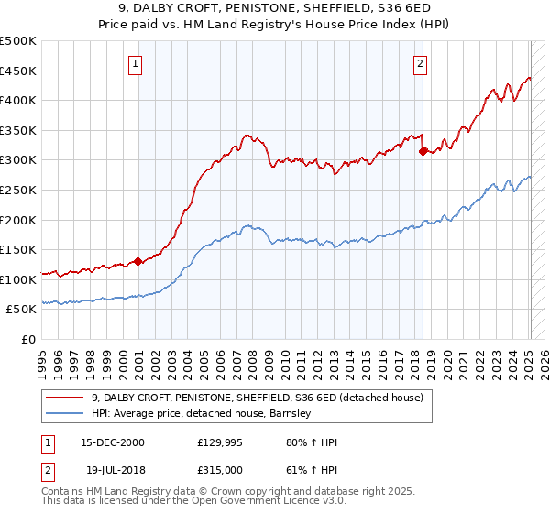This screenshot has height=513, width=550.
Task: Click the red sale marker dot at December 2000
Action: [137, 261]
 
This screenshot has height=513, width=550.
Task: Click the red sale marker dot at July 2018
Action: [423, 151]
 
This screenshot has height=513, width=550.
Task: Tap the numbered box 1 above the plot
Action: [135, 64]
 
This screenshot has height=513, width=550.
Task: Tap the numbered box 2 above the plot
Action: [420, 64]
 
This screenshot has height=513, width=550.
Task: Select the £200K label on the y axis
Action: [18, 220]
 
